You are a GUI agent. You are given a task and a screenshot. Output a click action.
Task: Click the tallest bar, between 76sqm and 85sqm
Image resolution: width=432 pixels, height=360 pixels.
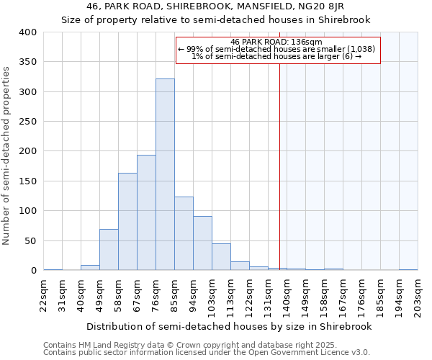[x=165, y=175]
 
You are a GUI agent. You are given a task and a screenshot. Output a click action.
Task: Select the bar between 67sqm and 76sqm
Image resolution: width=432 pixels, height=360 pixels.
[x=146, y=212]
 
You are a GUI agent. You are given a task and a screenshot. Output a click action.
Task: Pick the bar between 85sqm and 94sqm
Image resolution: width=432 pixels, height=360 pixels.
[x=184, y=234]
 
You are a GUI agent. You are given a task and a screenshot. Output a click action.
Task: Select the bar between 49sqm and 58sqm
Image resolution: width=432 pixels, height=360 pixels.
[x=109, y=250]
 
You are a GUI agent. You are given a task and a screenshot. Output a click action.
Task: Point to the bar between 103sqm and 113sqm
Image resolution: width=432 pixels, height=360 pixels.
[x=221, y=257]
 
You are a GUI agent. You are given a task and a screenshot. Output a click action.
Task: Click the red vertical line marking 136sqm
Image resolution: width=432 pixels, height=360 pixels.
[x=279, y=180]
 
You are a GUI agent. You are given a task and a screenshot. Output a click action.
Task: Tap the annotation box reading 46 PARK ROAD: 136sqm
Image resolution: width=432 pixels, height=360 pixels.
[x=277, y=50]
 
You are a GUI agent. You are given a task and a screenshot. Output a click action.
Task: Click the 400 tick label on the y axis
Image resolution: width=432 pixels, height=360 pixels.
[x=27, y=32]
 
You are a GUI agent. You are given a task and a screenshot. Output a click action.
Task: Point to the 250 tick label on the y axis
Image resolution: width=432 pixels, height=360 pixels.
[x=27, y=122]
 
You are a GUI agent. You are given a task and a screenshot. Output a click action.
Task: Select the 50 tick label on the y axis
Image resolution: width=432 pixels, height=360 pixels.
[x=30, y=240]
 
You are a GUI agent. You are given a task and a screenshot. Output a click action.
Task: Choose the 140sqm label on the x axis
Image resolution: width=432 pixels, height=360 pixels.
[x=287, y=295]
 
